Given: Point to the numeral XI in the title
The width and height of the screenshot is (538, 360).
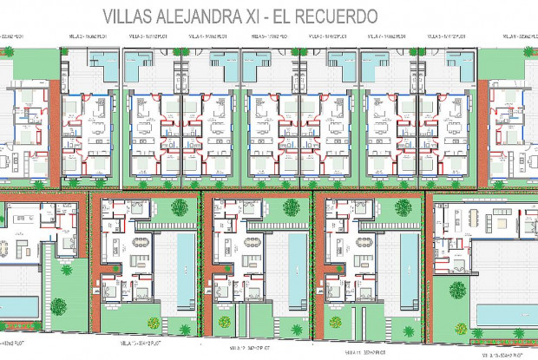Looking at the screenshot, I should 260,16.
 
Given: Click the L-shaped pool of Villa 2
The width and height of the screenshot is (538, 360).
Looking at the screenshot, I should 105,62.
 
